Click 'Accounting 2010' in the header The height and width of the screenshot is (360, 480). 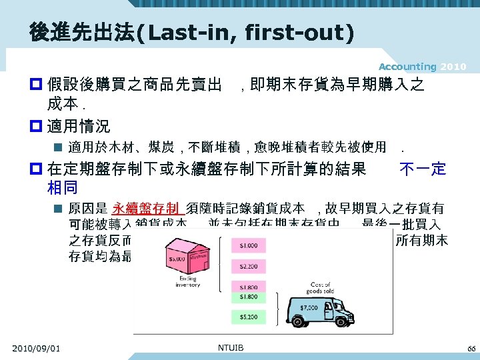[422, 67]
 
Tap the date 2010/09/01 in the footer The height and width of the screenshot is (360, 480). [36, 348]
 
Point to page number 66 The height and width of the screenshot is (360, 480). [471, 349]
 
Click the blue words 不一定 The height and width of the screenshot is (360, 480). [422, 169]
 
